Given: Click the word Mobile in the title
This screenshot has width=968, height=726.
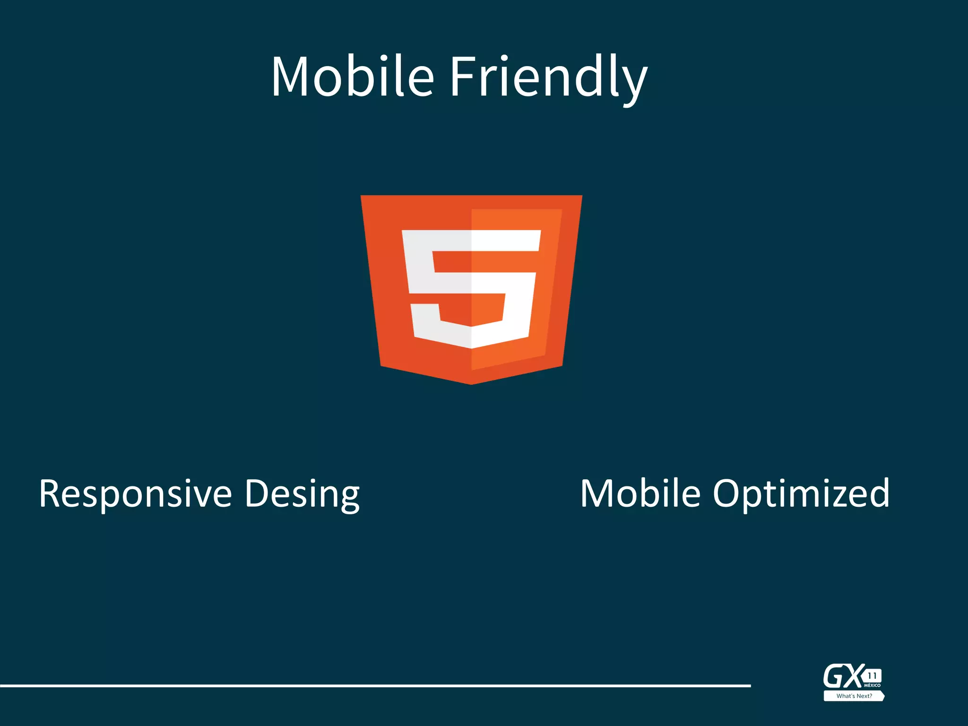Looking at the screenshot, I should [352, 77].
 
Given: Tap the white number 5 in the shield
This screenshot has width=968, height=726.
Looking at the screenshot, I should [471, 288].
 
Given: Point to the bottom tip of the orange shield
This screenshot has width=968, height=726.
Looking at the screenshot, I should [471, 383].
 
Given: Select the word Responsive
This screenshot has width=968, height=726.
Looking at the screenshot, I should [135, 494].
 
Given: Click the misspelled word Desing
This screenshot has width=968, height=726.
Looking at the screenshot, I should [302, 494].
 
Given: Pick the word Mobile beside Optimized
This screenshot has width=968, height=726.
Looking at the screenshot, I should [640, 493].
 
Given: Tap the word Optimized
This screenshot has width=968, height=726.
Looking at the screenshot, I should [801, 494].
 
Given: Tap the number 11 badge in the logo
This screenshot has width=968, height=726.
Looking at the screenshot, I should [872, 675].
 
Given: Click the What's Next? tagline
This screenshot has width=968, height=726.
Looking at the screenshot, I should [854, 696].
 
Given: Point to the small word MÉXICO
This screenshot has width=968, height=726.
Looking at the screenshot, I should [873, 685].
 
